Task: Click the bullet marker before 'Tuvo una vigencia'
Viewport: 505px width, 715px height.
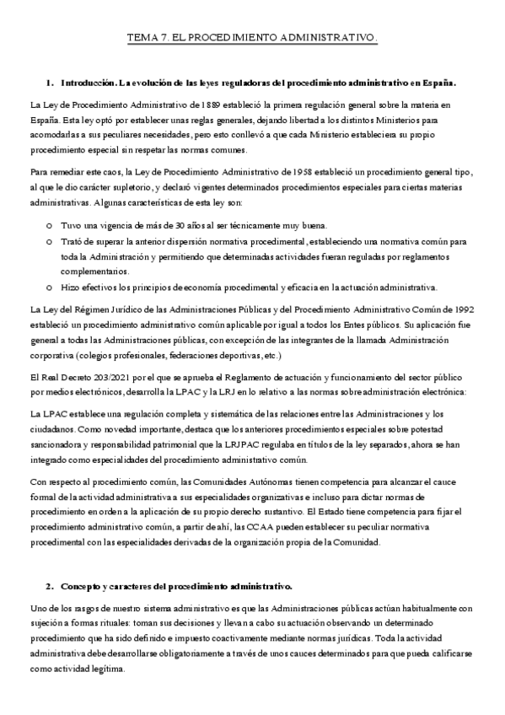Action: [49, 226]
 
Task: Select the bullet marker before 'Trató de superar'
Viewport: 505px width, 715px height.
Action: [49, 241]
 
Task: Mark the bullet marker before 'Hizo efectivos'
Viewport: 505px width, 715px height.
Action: [49, 287]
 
